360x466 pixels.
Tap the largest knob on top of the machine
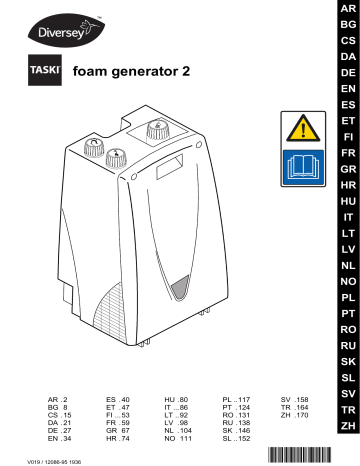157,129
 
